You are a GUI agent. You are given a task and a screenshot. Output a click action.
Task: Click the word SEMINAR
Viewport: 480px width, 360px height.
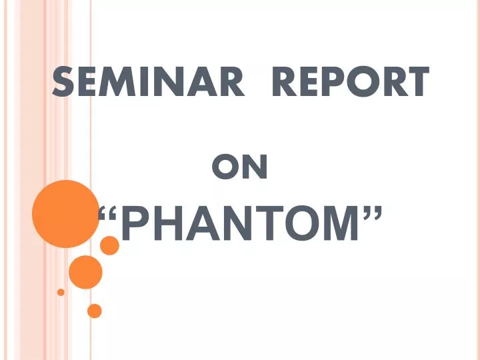tap(147, 83)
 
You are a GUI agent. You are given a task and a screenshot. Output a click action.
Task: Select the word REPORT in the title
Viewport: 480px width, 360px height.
tap(350, 83)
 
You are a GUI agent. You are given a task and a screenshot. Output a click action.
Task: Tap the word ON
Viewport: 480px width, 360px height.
tap(240, 168)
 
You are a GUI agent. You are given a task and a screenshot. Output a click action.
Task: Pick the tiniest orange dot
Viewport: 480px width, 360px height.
tap(61, 292)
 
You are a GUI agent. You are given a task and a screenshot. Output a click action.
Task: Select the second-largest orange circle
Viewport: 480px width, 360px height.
tap(85, 272)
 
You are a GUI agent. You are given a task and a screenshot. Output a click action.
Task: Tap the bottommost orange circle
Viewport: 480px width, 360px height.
tap(95, 311)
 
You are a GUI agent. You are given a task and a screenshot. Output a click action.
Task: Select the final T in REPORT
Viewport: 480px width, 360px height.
tap(415, 83)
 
